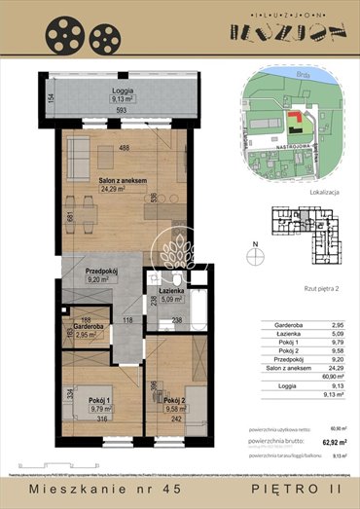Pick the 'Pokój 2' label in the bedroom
175,402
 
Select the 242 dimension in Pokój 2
176,418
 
